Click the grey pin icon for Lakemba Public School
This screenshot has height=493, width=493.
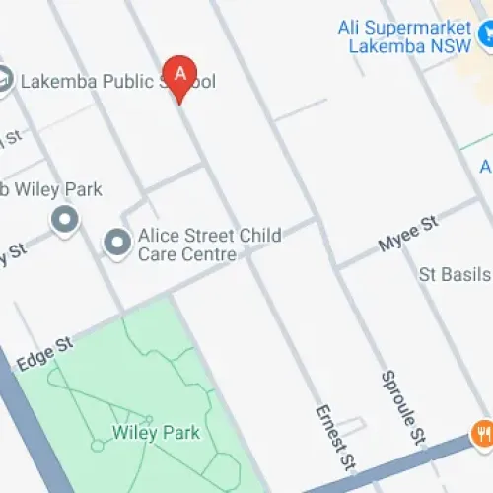[x=3, y=81]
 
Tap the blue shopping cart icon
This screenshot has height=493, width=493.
[x=485, y=35]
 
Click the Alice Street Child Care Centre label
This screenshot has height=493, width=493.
[x=209, y=245]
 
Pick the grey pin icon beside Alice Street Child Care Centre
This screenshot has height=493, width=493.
[x=117, y=242]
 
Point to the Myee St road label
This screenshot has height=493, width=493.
[x=407, y=238]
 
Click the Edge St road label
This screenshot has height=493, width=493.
[x=44, y=354]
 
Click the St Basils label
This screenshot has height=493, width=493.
[x=455, y=271]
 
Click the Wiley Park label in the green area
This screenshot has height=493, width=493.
[x=156, y=432]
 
